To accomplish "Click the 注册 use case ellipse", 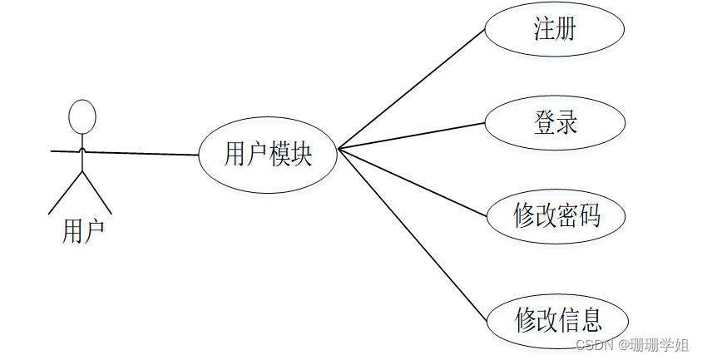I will [x=554, y=31].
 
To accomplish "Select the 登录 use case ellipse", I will [x=554, y=124].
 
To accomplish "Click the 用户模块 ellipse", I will [x=268, y=155].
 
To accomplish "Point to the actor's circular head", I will [x=82, y=116].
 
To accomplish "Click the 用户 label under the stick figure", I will [x=83, y=230].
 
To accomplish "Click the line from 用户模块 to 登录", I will [x=411, y=136].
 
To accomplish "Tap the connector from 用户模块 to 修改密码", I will [x=411, y=184].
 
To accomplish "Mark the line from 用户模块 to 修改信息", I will [x=411, y=235].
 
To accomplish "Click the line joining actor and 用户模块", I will [x=141, y=153].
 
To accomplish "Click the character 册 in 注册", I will [x=566, y=31].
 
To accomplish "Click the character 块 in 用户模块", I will [x=301, y=155].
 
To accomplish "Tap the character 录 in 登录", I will [x=566, y=124].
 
